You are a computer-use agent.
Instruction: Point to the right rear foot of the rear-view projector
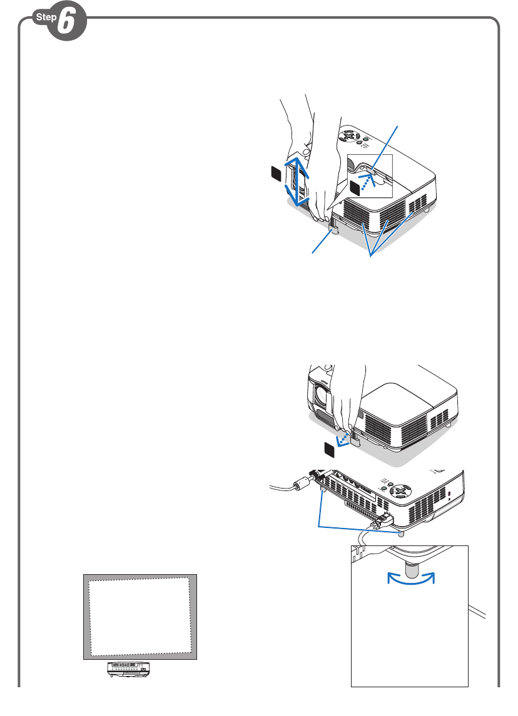(x=400, y=535)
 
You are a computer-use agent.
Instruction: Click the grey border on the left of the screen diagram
(x=86, y=615)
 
